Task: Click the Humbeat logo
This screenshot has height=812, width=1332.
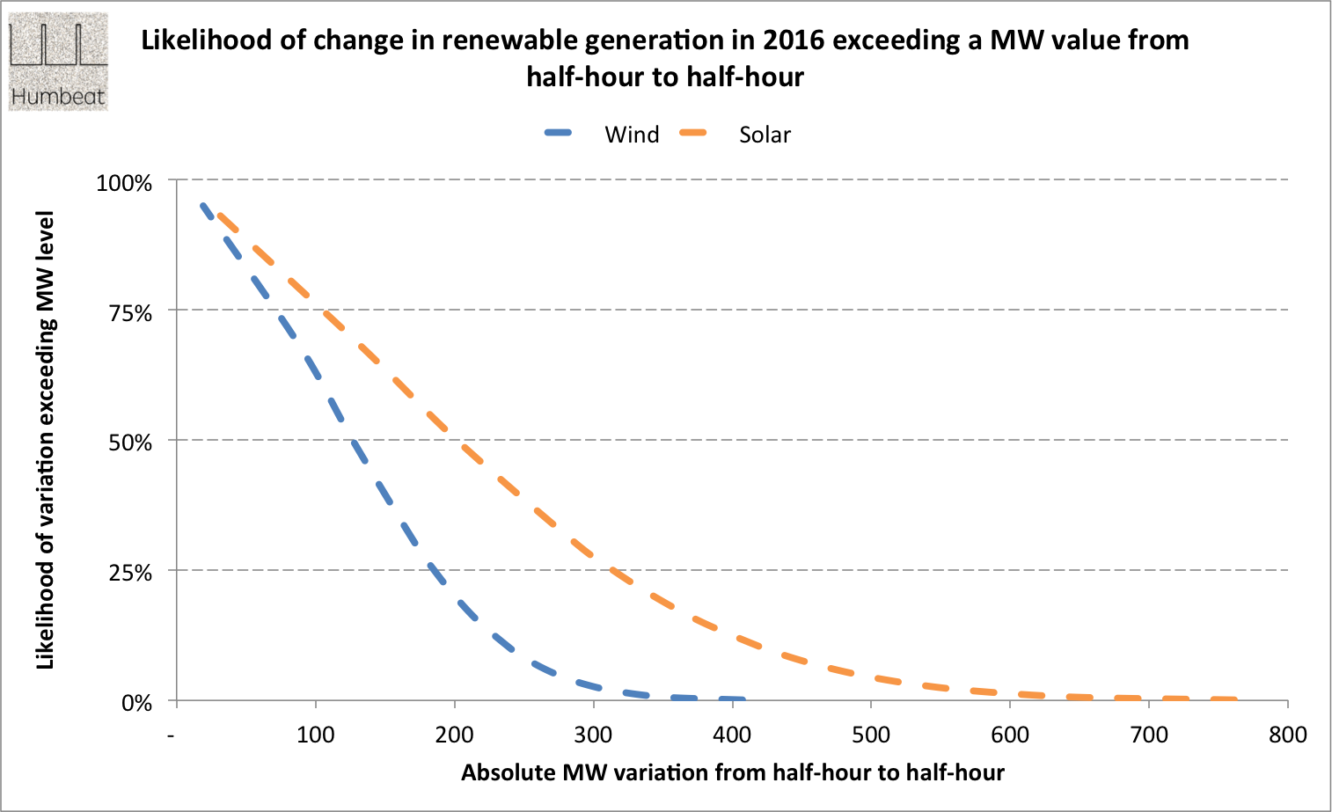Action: coord(58,62)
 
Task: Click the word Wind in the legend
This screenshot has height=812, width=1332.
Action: coord(632,135)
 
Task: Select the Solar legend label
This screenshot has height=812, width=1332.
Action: coord(765,135)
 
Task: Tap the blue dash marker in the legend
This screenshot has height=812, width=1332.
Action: coord(559,134)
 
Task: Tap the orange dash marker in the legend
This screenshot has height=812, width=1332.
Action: coord(694,134)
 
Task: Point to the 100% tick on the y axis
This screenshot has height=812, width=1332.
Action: coord(124,183)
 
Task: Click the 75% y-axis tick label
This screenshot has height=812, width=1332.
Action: coord(130,313)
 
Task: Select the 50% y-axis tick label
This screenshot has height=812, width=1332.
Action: coord(130,443)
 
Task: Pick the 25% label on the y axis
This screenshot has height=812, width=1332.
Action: coord(130,573)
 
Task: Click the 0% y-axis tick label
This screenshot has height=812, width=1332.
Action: coord(136,703)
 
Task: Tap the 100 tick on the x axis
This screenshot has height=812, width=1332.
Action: coord(315,735)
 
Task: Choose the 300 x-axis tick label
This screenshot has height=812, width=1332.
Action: coord(593,735)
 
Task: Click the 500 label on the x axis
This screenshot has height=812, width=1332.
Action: coord(871,735)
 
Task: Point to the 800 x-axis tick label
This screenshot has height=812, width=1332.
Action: coord(1288,735)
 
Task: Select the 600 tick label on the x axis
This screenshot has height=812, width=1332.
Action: coord(1010,735)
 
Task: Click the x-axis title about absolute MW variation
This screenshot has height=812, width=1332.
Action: coord(732,772)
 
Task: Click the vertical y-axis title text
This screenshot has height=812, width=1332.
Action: coord(45,440)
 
